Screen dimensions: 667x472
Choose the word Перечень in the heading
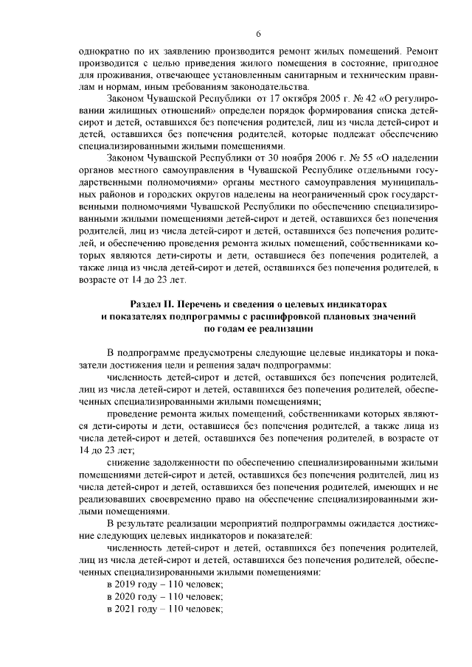[206, 304]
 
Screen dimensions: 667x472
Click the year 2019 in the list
[128, 583]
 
